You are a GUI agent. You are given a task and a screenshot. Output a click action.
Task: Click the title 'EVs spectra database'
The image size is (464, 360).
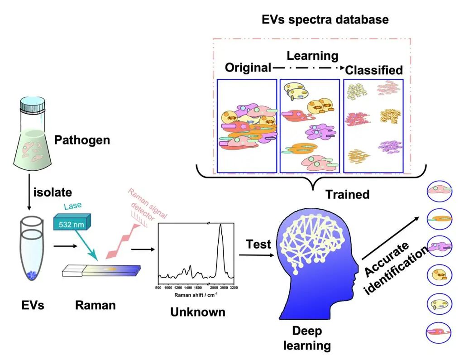click(x=325, y=20)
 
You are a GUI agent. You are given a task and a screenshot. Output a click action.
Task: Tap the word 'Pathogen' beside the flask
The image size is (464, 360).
click(x=82, y=139)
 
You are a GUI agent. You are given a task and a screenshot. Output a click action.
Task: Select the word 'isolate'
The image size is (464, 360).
click(x=53, y=192)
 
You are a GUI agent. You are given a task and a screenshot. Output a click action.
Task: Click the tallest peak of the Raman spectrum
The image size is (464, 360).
click(x=220, y=226)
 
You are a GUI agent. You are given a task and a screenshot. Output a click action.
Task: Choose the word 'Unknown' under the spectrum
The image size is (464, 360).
click(x=197, y=312)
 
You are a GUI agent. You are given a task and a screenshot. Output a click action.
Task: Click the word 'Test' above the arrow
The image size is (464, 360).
click(x=258, y=245)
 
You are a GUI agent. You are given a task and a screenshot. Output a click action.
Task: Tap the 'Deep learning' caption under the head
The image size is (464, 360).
click(x=307, y=338)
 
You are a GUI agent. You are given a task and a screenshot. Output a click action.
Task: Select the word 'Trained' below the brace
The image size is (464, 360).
click(x=348, y=194)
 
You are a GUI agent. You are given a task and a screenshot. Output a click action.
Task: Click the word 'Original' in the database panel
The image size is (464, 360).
click(x=248, y=68)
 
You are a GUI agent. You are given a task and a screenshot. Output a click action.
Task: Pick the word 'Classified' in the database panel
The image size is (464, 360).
click(x=374, y=70)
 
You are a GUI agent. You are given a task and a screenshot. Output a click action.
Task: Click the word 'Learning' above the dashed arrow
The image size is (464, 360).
click(x=313, y=56)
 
